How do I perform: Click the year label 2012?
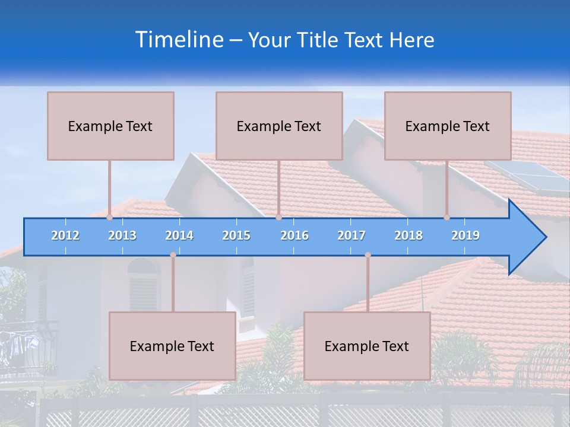pyautogui.click(x=65, y=235)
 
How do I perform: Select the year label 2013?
pyautogui.click(x=122, y=235)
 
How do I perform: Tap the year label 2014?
pyautogui.click(x=179, y=235)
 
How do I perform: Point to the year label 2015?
pyautogui.click(x=236, y=235)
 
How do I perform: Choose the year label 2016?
pyautogui.click(x=294, y=235)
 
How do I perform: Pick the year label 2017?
pyautogui.click(x=351, y=235)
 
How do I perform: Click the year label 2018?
pyautogui.click(x=408, y=235)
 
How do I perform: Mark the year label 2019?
pyautogui.click(x=465, y=235)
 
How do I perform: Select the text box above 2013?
pyautogui.click(x=110, y=126)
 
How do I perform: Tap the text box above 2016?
pyautogui.click(x=279, y=126)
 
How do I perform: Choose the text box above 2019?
pyautogui.click(x=448, y=126)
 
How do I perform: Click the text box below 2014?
pyautogui.click(x=172, y=346)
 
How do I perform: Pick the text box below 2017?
pyautogui.click(x=367, y=346)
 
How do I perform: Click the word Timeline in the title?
pyautogui.click(x=178, y=40)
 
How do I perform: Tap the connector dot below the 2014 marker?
pyautogui.click(x=173, y=255)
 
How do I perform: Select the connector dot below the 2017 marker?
pyautogui.click(x=368, y=255)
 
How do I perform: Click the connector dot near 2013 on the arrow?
pyautogui.click(x=109, y=218)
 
